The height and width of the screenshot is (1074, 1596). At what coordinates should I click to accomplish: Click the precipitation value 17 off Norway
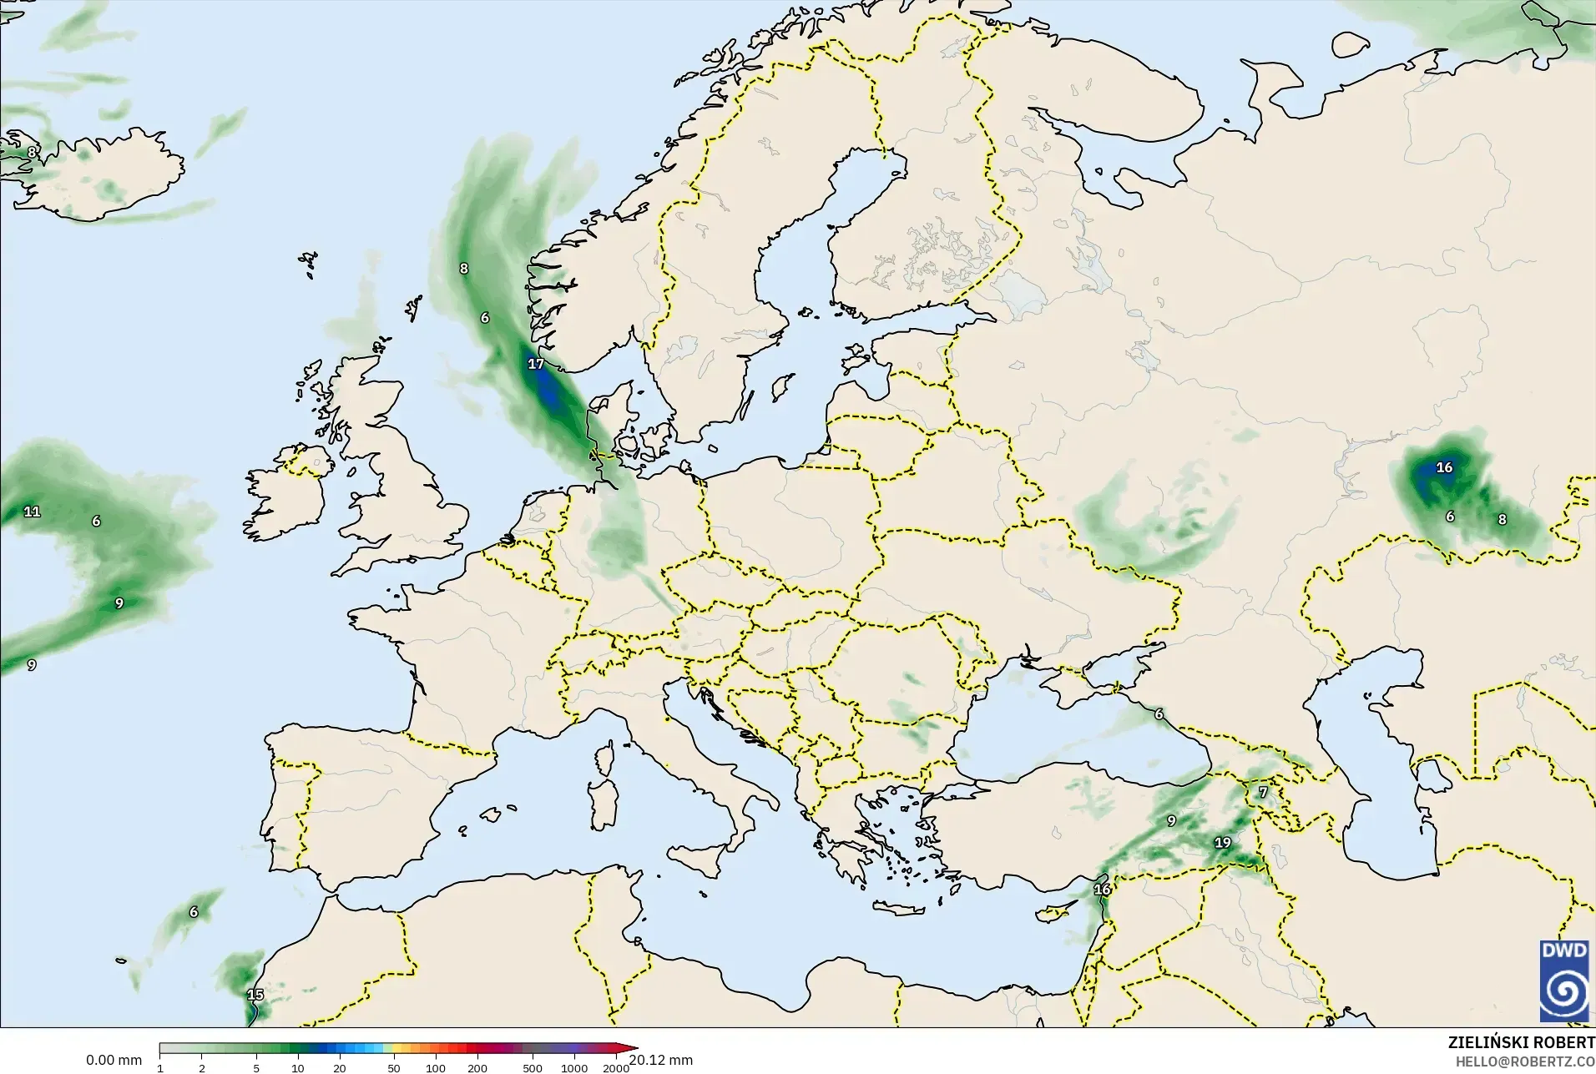click(536, 364)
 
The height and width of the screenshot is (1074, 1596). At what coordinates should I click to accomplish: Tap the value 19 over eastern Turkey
click(1222, 843)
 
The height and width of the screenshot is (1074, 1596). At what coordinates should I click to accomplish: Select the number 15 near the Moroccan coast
click(255, 995)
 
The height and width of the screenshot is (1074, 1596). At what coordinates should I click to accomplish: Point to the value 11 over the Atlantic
click(32, 512)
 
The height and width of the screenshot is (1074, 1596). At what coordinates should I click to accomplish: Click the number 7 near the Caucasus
click(1263, 792)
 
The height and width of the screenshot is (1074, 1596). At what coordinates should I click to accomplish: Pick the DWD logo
click(1563, 981)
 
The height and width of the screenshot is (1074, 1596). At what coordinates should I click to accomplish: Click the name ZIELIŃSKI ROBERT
click(1521, 1043)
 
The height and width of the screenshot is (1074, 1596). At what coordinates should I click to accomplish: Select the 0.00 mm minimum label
click(114, 1060)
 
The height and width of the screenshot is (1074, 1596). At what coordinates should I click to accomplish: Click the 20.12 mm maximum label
click(661, 1060)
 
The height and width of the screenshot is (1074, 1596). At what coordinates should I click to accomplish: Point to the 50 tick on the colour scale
click(394, 1068)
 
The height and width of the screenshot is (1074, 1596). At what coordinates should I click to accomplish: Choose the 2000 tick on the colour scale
click(616, 1068)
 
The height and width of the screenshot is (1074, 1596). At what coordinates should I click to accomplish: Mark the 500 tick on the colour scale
click(533, 1068)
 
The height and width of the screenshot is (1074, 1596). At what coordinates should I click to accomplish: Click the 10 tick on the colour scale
click(298, 1068)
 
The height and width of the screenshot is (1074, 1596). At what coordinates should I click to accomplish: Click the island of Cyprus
click(1053, 911)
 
